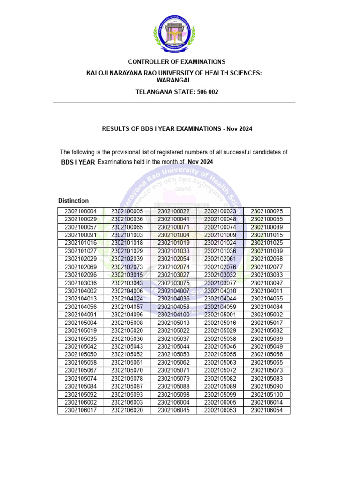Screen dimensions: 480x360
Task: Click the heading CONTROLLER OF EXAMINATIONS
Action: (x=177, y=62)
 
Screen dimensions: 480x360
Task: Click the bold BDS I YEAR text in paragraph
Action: (x=78, y=162)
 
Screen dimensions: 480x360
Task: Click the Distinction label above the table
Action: (x=73, y=201)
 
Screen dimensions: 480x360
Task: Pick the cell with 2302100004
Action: (x=81, y=211)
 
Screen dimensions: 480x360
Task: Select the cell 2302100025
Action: (x=267, y=211)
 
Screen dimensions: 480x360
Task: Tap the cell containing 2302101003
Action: (x=127, y=235)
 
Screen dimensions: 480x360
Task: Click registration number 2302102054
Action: (x=173, y=259)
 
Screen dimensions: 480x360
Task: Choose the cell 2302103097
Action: (x=267, y=283)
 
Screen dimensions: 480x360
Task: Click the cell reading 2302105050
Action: (x=81, y=355)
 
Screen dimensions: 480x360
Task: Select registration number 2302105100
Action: (x=267, y=395)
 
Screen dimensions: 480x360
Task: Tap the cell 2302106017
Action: (x=81, y=411)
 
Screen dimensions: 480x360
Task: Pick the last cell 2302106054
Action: (x=267, y=411)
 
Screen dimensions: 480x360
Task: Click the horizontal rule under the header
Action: (x=174, y=102)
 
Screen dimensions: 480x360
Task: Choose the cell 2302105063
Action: (x=220, y=363)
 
